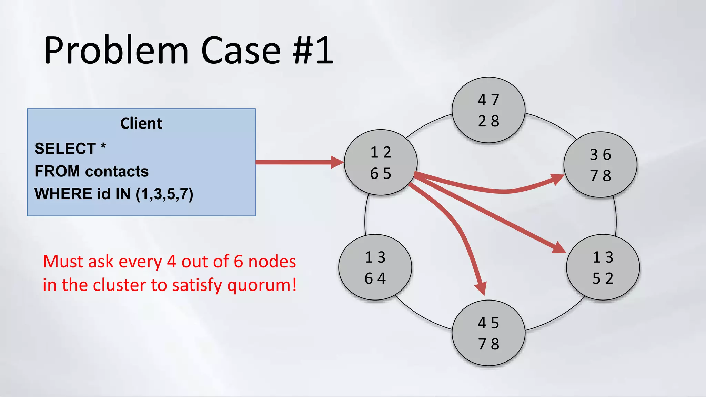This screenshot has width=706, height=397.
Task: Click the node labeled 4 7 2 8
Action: [488, 110]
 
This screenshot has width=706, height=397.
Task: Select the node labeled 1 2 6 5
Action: [381, 162]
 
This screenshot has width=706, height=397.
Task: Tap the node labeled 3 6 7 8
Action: [600, 165]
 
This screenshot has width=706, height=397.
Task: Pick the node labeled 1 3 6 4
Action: [375, 267]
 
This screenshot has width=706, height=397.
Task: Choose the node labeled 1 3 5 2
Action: [603, 267]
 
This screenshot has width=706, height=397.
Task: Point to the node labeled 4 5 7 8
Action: [488, 333]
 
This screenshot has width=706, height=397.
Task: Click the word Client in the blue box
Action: [141, 123]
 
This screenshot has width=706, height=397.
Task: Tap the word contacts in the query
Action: [117, 171]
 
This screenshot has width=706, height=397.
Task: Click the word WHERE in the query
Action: [63, 194]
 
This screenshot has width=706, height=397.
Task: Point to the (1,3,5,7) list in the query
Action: [164, 194]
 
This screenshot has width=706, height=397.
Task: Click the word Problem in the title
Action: [116, 51]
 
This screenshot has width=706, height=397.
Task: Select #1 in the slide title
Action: [313, 51]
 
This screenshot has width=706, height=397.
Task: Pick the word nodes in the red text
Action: [272, 262]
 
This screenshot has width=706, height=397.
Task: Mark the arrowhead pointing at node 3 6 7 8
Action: [556, 179]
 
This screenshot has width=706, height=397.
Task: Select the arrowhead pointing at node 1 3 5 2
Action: [558, 248]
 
